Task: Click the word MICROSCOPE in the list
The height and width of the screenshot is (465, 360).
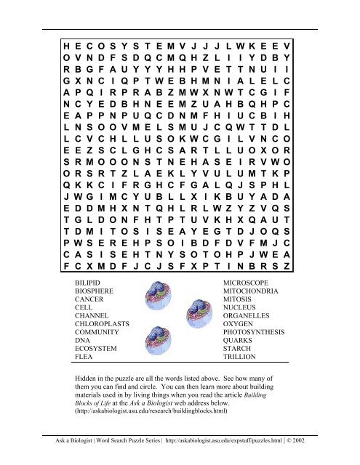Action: point(252,279)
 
